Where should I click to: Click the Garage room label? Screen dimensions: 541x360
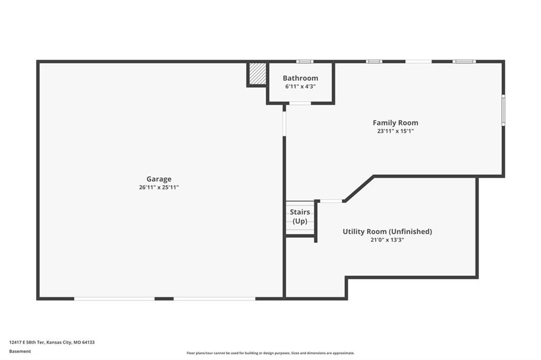click(158, 179)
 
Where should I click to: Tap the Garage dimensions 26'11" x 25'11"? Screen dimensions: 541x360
click(158, 187)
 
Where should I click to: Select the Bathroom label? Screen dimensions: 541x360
click(300, 78)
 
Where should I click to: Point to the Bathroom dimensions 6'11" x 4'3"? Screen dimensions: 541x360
click(300, 87)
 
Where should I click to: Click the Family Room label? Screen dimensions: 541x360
click(395, 123)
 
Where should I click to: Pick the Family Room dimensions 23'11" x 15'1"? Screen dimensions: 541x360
click(395, 131)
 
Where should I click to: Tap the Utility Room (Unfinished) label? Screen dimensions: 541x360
click(387, 231)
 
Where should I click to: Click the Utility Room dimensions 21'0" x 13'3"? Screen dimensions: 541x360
click(387, 240)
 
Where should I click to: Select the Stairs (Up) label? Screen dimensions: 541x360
click(300, 216)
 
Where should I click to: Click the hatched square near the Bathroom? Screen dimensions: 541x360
click(258, 73)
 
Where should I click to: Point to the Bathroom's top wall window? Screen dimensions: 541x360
click(305, 62)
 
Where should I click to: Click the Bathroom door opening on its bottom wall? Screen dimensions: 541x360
click(300, 103)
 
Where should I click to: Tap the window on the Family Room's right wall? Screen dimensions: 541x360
click(503, 110)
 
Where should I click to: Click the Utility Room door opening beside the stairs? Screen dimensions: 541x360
click(331, 201)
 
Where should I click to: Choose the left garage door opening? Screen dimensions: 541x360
click(114, 299)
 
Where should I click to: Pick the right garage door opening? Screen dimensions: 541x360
click(214, 299)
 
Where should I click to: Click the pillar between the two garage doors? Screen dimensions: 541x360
click(164, 299)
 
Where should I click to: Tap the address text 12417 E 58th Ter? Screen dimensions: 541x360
click(27, 343)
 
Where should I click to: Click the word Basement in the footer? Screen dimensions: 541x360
click(20, 352)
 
